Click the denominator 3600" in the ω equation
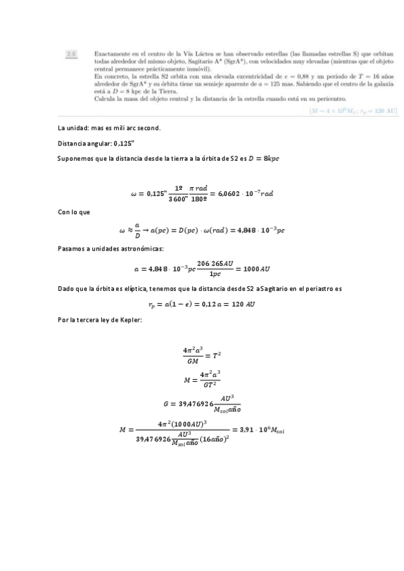point(179,199)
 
